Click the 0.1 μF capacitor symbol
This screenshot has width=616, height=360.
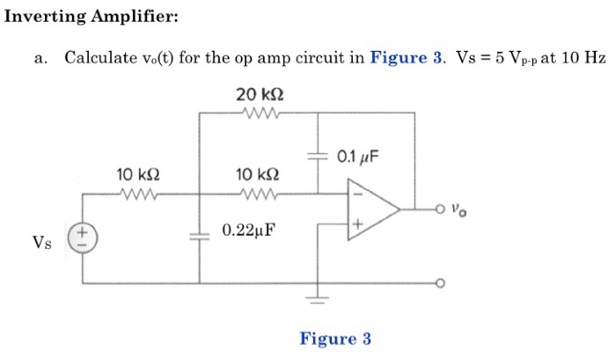[x=318, y=156]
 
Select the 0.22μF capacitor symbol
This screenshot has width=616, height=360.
[x=200, y=237]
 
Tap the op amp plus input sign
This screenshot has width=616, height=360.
[x=357, y=226]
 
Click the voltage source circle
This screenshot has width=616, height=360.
[x=84, y=237]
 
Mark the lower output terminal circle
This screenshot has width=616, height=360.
[x=441, y=283]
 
